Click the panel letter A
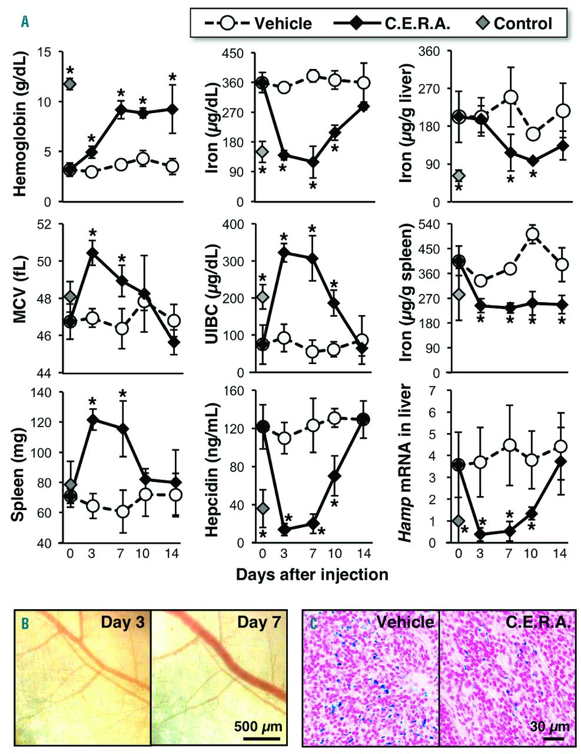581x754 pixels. pos(25,22)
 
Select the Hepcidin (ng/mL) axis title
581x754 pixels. pos(215,467)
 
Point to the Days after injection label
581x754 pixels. pos(312,574)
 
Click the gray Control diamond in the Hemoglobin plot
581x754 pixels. pos(70,84)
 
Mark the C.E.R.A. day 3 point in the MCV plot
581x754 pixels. pos(92,253)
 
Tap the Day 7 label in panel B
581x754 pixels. pos(260,622)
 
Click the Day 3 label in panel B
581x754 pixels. pos(122,622)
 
